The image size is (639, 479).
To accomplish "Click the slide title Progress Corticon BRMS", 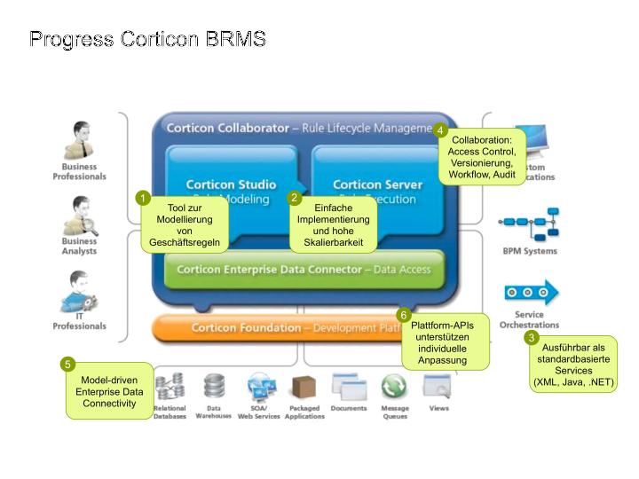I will [147, 40].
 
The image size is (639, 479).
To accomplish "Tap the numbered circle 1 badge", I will [142, 198].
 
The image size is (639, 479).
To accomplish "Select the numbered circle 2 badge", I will [296, 198].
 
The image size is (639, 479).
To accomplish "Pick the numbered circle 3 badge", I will [532, 337].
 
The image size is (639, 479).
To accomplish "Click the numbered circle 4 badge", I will [441, 130].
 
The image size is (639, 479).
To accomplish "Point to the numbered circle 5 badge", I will [67, 364].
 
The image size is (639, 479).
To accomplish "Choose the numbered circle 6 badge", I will [404, 315].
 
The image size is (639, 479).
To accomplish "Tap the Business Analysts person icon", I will [81, 216].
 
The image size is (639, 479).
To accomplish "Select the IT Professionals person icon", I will [79, 291].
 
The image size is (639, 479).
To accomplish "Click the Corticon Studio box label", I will [231, 185].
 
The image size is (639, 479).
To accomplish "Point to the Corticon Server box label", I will [377, 185].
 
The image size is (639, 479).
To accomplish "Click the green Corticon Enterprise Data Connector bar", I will [304, 269].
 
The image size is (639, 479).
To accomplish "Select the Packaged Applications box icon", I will [304, 388].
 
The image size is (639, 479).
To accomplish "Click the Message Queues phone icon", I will [394, 387].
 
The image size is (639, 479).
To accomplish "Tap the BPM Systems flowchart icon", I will [529, 227].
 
